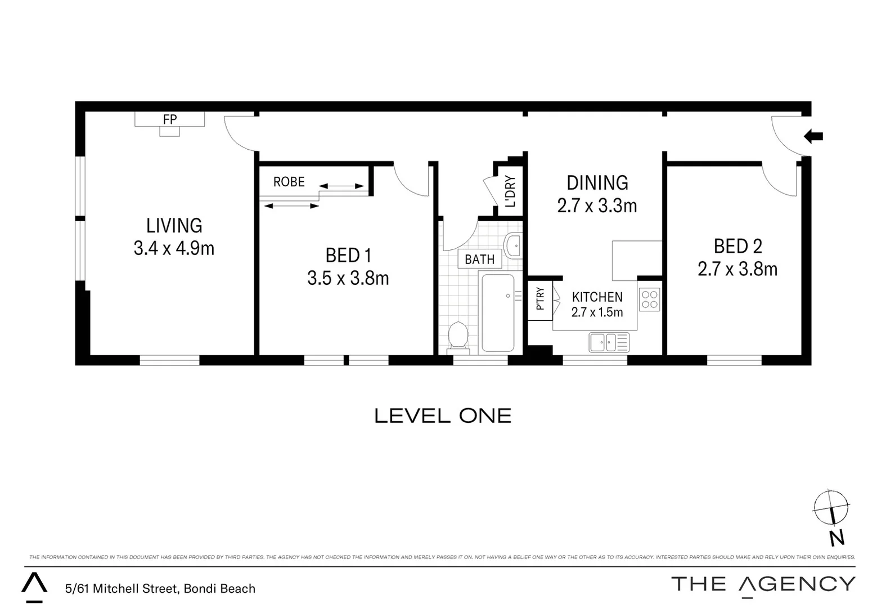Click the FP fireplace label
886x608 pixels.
pyautogui.click(x=169, y=119)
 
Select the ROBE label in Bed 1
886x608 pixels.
pyautogui.click(x=289, y=182)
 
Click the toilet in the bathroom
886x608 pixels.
pyautogui.click(x=458, y=337)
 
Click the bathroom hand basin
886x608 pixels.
pyautogui.click(x=513, y=245)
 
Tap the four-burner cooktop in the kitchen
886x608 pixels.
pyautogui.click(x=650, y=299)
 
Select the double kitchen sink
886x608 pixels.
pyautogui.click(x=609, y=342)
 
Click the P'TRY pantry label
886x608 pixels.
pyautogui.click(x=540, y=299)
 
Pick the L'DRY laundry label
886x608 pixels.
pyautogui.click(x=510, y=191)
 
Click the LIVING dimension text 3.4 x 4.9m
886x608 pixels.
pyautogui.click(x=174, y=248)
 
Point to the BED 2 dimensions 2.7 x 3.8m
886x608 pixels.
pyautogui.click(x=737, y=269)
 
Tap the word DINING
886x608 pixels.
pyautogui.click(x=597, y=183)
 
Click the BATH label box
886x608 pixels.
pyautogui.click(x=479, y=260)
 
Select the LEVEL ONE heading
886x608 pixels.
pyautogui.click(x=443, y=416)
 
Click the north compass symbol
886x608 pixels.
pyautogui.click(x=831, y=508)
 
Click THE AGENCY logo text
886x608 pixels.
pyautogui.click(x=763, y=584)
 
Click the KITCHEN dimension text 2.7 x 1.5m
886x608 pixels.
pyautogui.click(x=597, y=312)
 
